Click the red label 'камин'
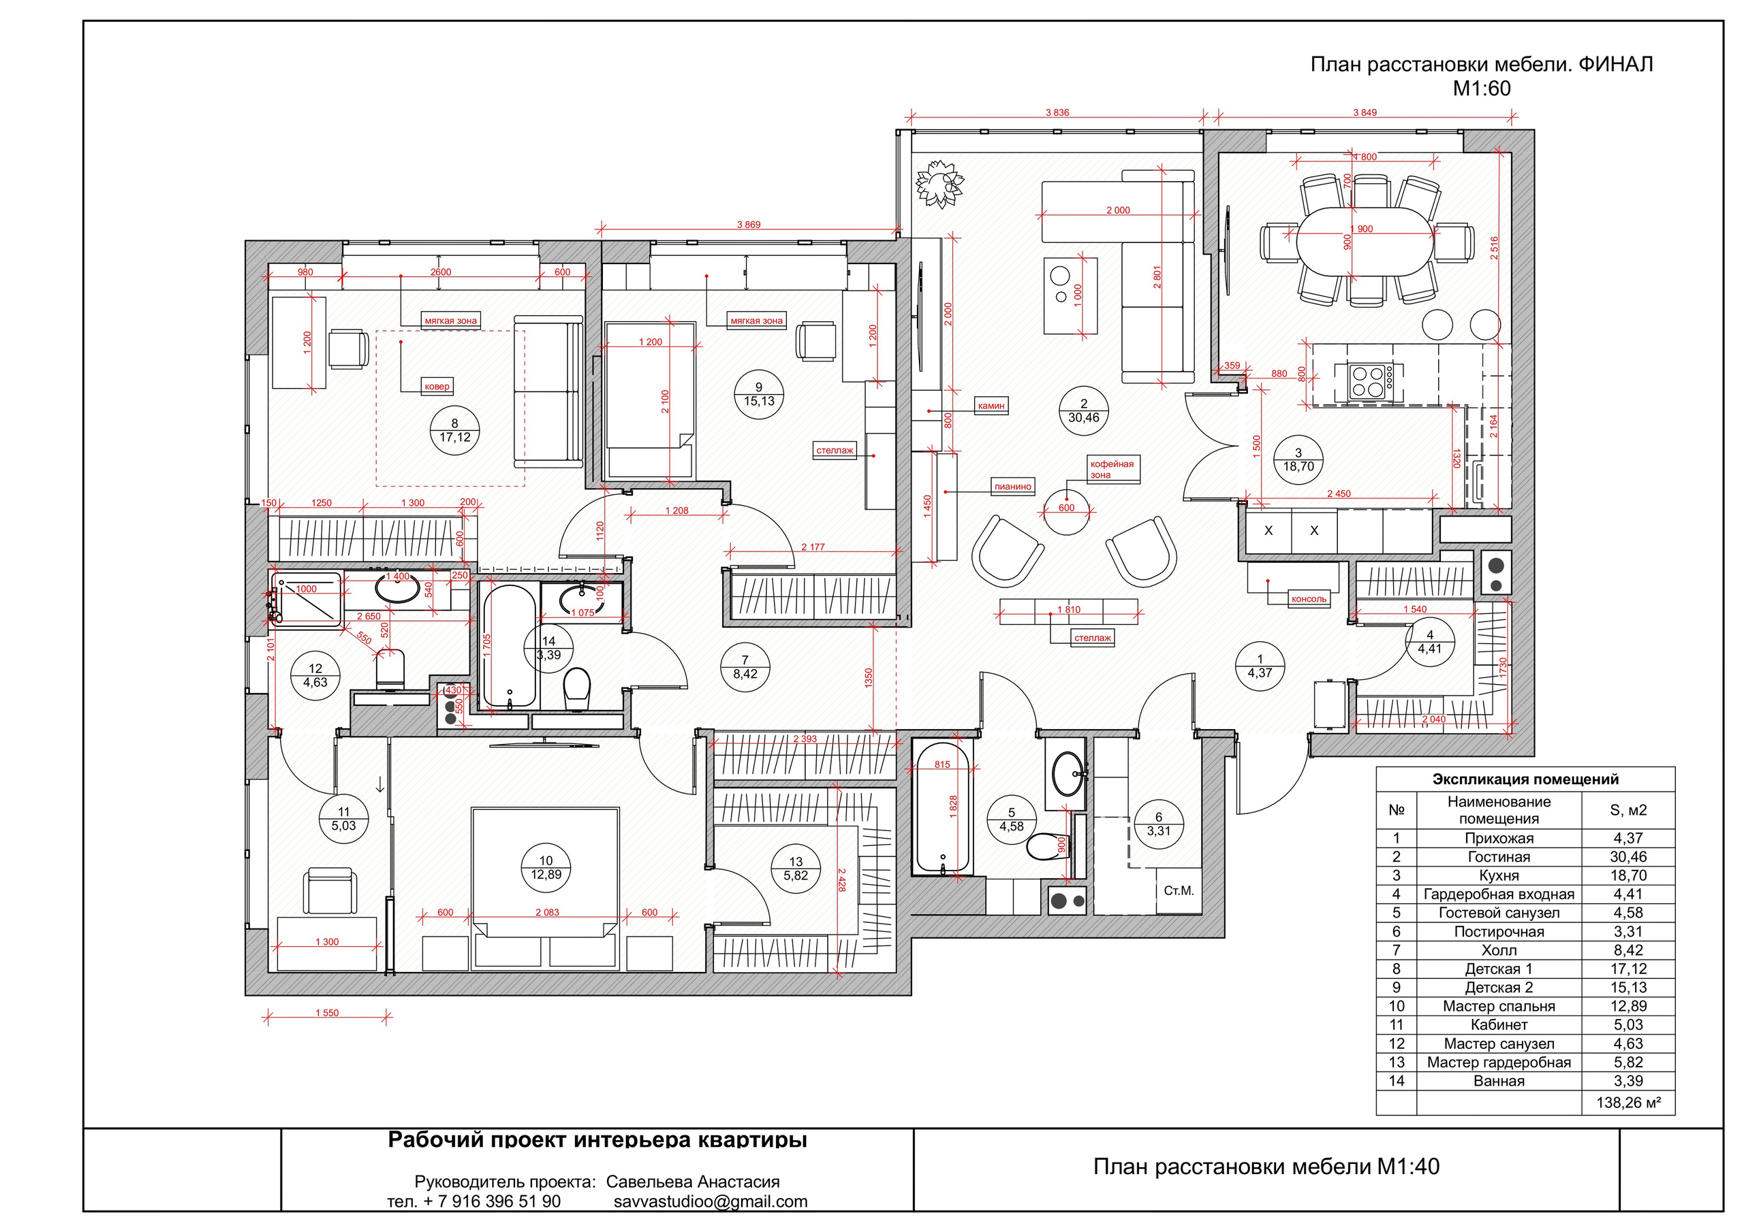[x=991, y=406]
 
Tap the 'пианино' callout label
[x=1012, y=487]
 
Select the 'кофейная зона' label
[x=1112, y=469]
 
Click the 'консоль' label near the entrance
[x=1309, y=599]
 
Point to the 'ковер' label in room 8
[x=437, y=387]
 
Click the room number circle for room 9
[x=759, y=395]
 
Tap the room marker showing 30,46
[x=1084, y=411]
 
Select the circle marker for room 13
[x=796, y=869]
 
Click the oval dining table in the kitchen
[x=1365, y=242]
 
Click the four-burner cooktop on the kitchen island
[x=1370, y=381]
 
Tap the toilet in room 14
[x=577, y=687]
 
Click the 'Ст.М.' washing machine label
[x=1179, y=891]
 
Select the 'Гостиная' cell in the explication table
[x=1499, y=857]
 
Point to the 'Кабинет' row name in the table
[x=1499, y=1025]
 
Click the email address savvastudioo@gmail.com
[x=711, y=1201]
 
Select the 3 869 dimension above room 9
[x=748, y=225]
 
